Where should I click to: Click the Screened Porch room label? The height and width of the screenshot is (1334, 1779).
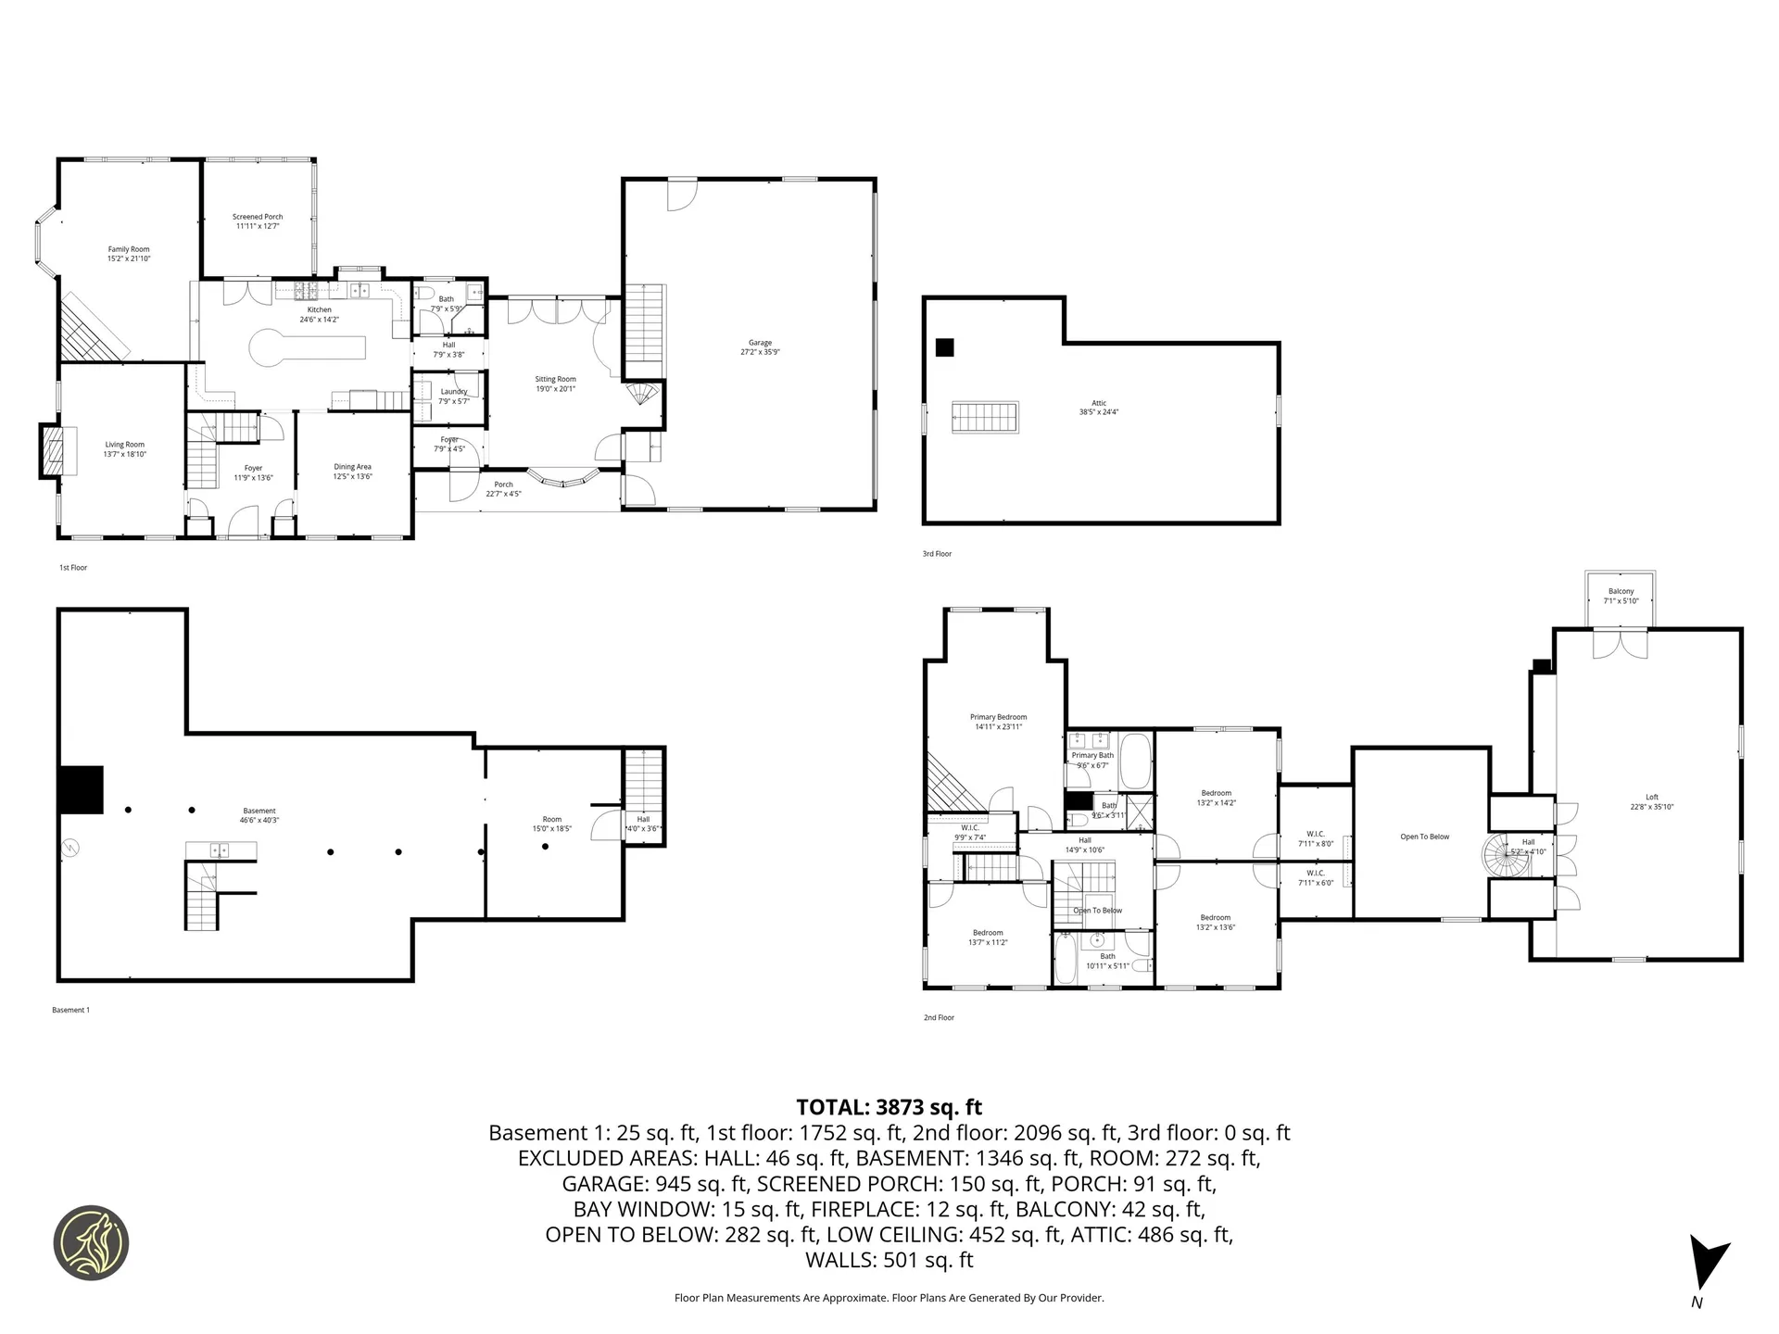(258, 221)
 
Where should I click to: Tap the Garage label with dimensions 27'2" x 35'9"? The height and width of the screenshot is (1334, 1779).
(760, 347)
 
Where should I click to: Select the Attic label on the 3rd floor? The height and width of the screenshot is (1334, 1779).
(1099, 408)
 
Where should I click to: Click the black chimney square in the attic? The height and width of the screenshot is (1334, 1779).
(944, 347)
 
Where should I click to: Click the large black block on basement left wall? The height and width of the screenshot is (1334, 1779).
(81, 789)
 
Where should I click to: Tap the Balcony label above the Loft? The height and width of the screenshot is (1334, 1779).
(1621, 596)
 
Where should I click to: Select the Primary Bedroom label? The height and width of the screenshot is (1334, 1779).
(998, 722)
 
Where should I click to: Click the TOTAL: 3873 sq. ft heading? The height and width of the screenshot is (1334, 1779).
(889, 1107)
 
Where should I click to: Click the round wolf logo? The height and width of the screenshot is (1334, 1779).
(91, 1243)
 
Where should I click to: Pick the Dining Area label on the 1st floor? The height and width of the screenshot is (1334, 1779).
(352, 472)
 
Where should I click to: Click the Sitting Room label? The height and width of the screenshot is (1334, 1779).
(555, 384)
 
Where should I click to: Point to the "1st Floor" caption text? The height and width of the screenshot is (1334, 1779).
(73, 567)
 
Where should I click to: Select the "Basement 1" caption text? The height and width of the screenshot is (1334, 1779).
(70, 1010)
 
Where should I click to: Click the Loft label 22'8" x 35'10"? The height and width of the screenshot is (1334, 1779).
(1651, 801)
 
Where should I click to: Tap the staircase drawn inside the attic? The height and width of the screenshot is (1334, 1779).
(986, 417)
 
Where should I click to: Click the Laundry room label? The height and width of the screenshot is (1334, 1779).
(454, 396)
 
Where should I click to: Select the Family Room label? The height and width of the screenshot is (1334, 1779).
(128, 254)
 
